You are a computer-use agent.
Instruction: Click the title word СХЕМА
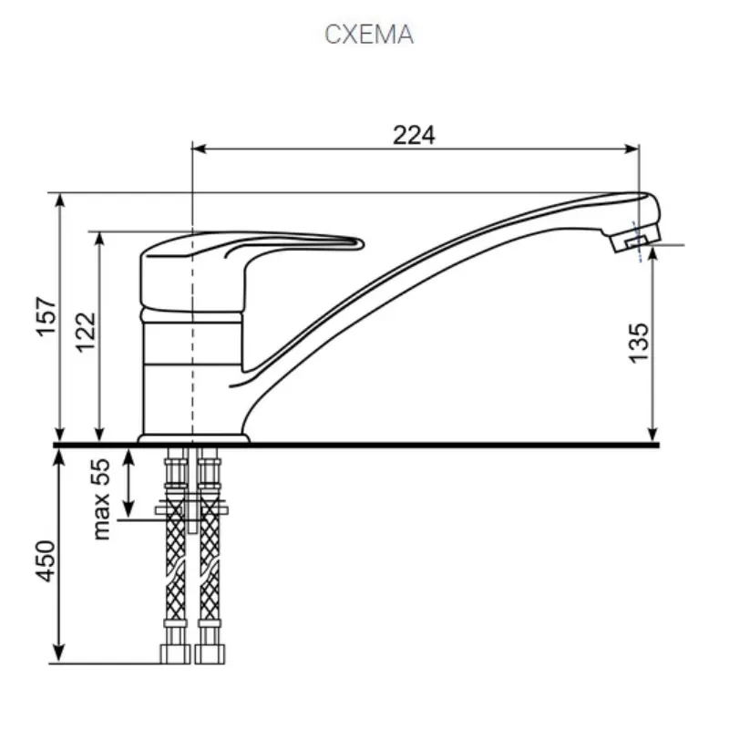pyautogui.click(x=369, y=35)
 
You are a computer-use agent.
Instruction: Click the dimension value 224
pyautogui.click(x=415, y=135)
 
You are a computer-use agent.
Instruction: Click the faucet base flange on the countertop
pyautogui.click(x=193, y=440)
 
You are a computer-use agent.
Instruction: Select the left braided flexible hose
pyautogui.click(x=175, y=556)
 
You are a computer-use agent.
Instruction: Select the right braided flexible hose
pyautogui.click(x=209, y=556)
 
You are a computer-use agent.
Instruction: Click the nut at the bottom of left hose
pyautogui.click(x=174, y=652)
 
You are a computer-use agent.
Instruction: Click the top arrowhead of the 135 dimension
pyautogui.click(x=653, y=252)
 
